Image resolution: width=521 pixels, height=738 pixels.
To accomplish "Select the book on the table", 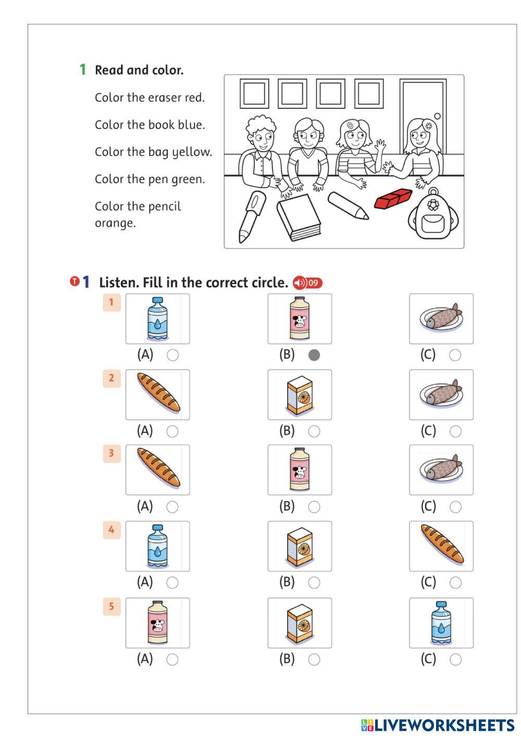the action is pyautogui.click(x=299, y=217).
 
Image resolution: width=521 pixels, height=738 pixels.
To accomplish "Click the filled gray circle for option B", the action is pyautogui.click(x=314, y=355).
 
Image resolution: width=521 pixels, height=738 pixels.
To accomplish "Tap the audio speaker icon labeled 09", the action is pyautogui.click(x=307, y=283).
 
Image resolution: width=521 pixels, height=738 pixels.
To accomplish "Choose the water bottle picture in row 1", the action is pyautogui.click(x=157, y=319).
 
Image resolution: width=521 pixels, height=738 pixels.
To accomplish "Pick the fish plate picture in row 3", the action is pyautogui.click(x=441, y=470).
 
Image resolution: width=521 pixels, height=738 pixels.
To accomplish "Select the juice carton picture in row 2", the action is pyautogui.click(x=300, y=395).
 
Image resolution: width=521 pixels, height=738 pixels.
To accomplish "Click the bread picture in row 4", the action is pyautogui.click(x=441, y=546).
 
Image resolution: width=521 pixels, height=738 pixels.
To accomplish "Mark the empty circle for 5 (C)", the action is pyautogui.click(x=455, y=659).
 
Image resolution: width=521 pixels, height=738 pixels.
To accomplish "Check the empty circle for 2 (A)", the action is pyautogui.click(x=172, y=431).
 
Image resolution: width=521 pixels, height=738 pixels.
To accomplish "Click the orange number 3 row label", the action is pyautogui.click(x=111, y=453).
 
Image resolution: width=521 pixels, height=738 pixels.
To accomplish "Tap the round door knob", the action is pyautogui.click(x=437, y=116).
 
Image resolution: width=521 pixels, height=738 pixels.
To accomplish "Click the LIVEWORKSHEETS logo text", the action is pyautogui.click(x=444, y=725).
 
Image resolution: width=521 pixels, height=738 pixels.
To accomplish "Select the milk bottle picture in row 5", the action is pyautogui.click(x=157, y=623).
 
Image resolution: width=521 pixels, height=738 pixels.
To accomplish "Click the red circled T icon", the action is pyautogui.click(x=75, y=281).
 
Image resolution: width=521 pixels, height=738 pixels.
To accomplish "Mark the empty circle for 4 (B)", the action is pyautogui.click(x=314, y=582).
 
